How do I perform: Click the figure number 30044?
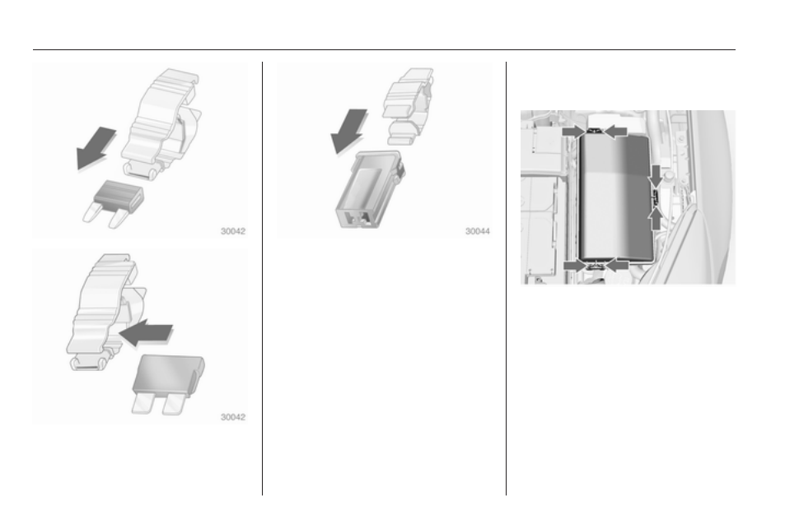(x=478, y=231)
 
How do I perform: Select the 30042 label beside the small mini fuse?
(x=233, y=231)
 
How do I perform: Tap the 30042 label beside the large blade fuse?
(x=233, y=417)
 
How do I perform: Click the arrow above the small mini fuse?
(x=96, y=148)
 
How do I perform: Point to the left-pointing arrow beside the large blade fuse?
(x=146, y=332)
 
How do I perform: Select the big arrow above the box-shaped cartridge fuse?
(x=349, y=132)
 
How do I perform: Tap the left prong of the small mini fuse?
(x=91, y=213)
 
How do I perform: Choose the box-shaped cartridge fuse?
(x=370, y=190)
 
